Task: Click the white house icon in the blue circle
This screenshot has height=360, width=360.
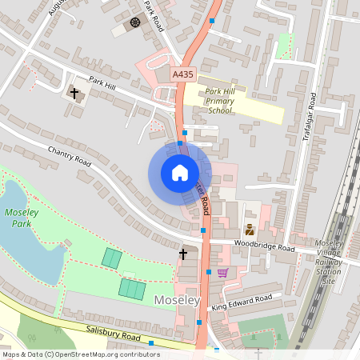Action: coord(180,173)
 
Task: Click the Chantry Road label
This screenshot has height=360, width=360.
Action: coord(71,154)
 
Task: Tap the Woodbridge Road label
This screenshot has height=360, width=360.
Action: coord(264,246)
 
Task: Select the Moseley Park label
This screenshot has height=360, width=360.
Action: coord(22,218)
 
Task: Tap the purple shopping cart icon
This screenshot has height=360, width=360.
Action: coord(223,273)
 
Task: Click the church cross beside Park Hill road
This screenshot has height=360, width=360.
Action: coord(75,94)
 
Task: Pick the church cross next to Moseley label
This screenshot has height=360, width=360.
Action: coord(183,254)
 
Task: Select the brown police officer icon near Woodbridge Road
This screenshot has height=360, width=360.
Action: coord(248,216)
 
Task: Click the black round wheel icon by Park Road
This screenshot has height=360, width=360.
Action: coord(134,22)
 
